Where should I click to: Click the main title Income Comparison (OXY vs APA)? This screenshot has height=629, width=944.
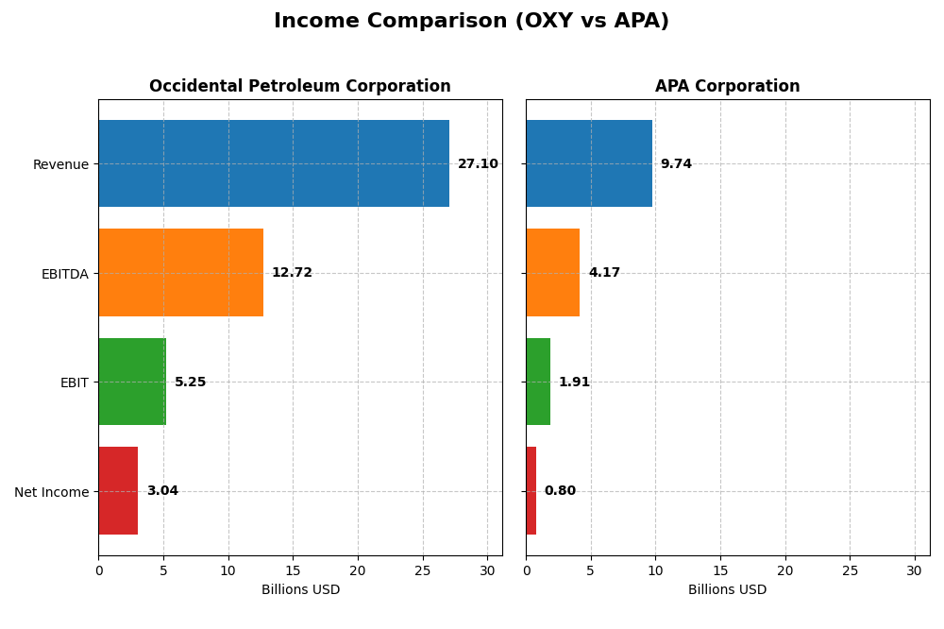coord(471,21)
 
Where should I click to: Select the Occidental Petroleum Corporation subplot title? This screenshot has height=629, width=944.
coord(299,86)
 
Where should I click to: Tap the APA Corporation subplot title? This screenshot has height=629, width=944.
coord(727,86)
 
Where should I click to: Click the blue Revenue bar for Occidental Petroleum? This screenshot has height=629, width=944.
coord(274,163)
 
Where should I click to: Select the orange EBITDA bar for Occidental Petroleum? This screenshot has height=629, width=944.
coord(180,272)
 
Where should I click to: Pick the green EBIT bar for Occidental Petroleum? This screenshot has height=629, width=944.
coord(132,382)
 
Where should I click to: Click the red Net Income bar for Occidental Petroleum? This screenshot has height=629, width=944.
coord(118,490)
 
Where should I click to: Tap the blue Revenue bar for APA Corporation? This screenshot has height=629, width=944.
coord(589,163)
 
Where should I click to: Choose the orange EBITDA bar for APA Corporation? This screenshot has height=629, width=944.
coord(552,272)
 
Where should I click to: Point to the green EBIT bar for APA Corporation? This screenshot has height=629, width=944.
coord(538,382)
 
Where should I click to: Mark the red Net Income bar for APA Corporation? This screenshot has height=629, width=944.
coord(531,490)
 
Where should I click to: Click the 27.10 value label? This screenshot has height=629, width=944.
coord(478,164)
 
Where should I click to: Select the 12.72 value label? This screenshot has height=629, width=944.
coord(292,273)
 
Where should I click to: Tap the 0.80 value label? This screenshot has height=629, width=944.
coord(560,491)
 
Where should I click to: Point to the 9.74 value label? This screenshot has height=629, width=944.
coord(676,164)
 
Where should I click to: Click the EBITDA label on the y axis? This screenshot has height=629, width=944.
coord(64,274)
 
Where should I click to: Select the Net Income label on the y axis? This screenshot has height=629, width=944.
coord(51,492)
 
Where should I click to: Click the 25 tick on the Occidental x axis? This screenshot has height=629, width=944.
coord(423,570)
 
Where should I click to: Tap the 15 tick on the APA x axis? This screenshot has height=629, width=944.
coord(720,570)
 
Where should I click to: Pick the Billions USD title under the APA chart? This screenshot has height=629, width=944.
coord(727,590)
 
